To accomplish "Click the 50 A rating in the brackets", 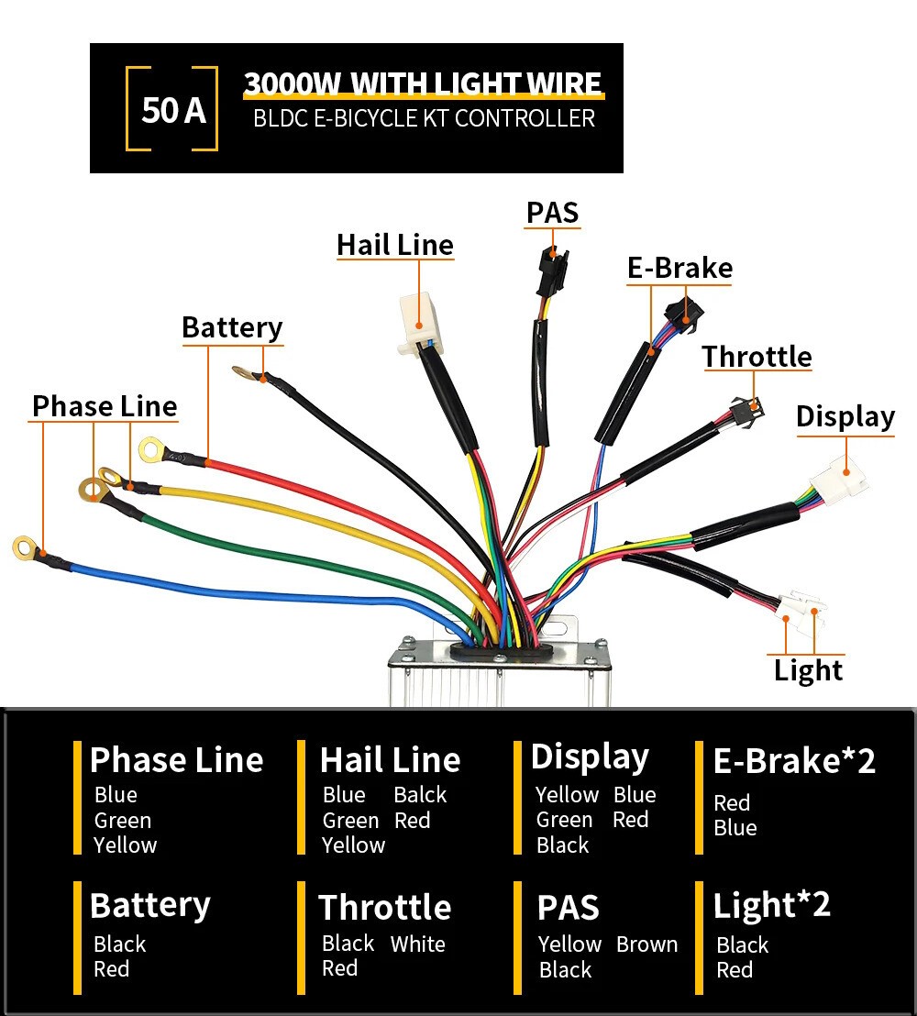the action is click(x=173, y=109).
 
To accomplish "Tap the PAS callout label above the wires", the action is click(x=552, y=213).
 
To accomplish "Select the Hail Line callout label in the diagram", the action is click(x=395, y=245).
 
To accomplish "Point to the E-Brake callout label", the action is click(x=679, y=268).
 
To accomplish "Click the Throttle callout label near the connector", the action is click(x=757, y=357).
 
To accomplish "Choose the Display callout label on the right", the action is click(x=845, y=416).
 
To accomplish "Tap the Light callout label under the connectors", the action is click(x=808, y=670).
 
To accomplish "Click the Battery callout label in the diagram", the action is click(x=232, y=328).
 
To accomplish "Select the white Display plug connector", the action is click(x=839, y=478).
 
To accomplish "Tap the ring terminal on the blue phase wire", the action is click(x=26, y=548).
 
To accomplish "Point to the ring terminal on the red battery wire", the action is click(x=151, y=449).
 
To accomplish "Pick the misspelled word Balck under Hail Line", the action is click(x=420, y=794).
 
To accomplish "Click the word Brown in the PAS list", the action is click(x=646, y=944).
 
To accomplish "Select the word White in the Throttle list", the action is click(x=417, y=944).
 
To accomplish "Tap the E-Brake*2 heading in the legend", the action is click(x=794, y=761).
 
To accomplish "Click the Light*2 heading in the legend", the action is click(x=771, y=905).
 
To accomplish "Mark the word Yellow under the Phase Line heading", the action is click(x=125, y=845).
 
